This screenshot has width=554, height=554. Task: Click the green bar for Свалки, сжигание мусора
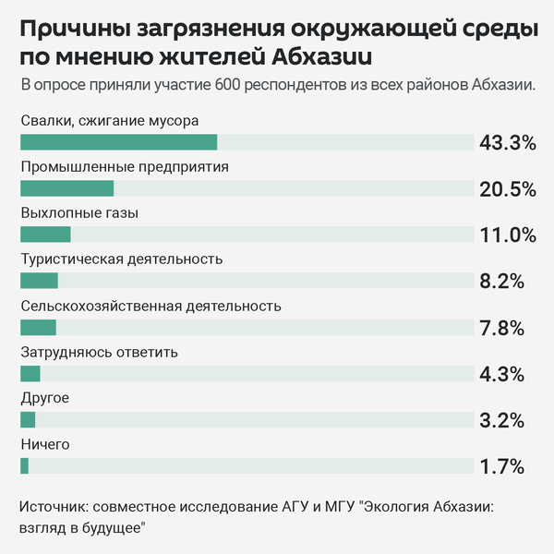click(x=118, y=142)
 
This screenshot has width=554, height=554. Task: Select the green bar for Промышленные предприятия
click(x=66, y=188)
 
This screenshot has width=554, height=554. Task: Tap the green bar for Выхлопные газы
click(x=45, y=235)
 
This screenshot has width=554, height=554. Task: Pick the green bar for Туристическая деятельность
click(x=39, y=281)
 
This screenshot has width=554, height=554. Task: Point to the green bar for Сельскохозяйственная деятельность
click(x=38, y=327)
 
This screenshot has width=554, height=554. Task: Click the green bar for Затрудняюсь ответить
click(x=30, y=373)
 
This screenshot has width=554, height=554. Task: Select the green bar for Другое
click(x=28, y=419)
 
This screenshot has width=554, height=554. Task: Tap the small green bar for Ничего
click(x=25, y=465)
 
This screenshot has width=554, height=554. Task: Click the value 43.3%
click(x=508, y=142)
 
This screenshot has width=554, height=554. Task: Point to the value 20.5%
click(x=508, y=188)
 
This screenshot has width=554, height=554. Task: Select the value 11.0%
click(x=508, y=235)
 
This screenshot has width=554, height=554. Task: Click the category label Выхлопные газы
click(x=79, y=213)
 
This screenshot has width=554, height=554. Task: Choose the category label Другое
click(x=44, y=398)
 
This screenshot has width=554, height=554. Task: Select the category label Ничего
click(x=45, y=444)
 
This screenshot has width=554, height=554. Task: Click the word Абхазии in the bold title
click(x=323, y=57)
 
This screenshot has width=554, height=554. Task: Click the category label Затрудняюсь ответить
click(x=99, y=352)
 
